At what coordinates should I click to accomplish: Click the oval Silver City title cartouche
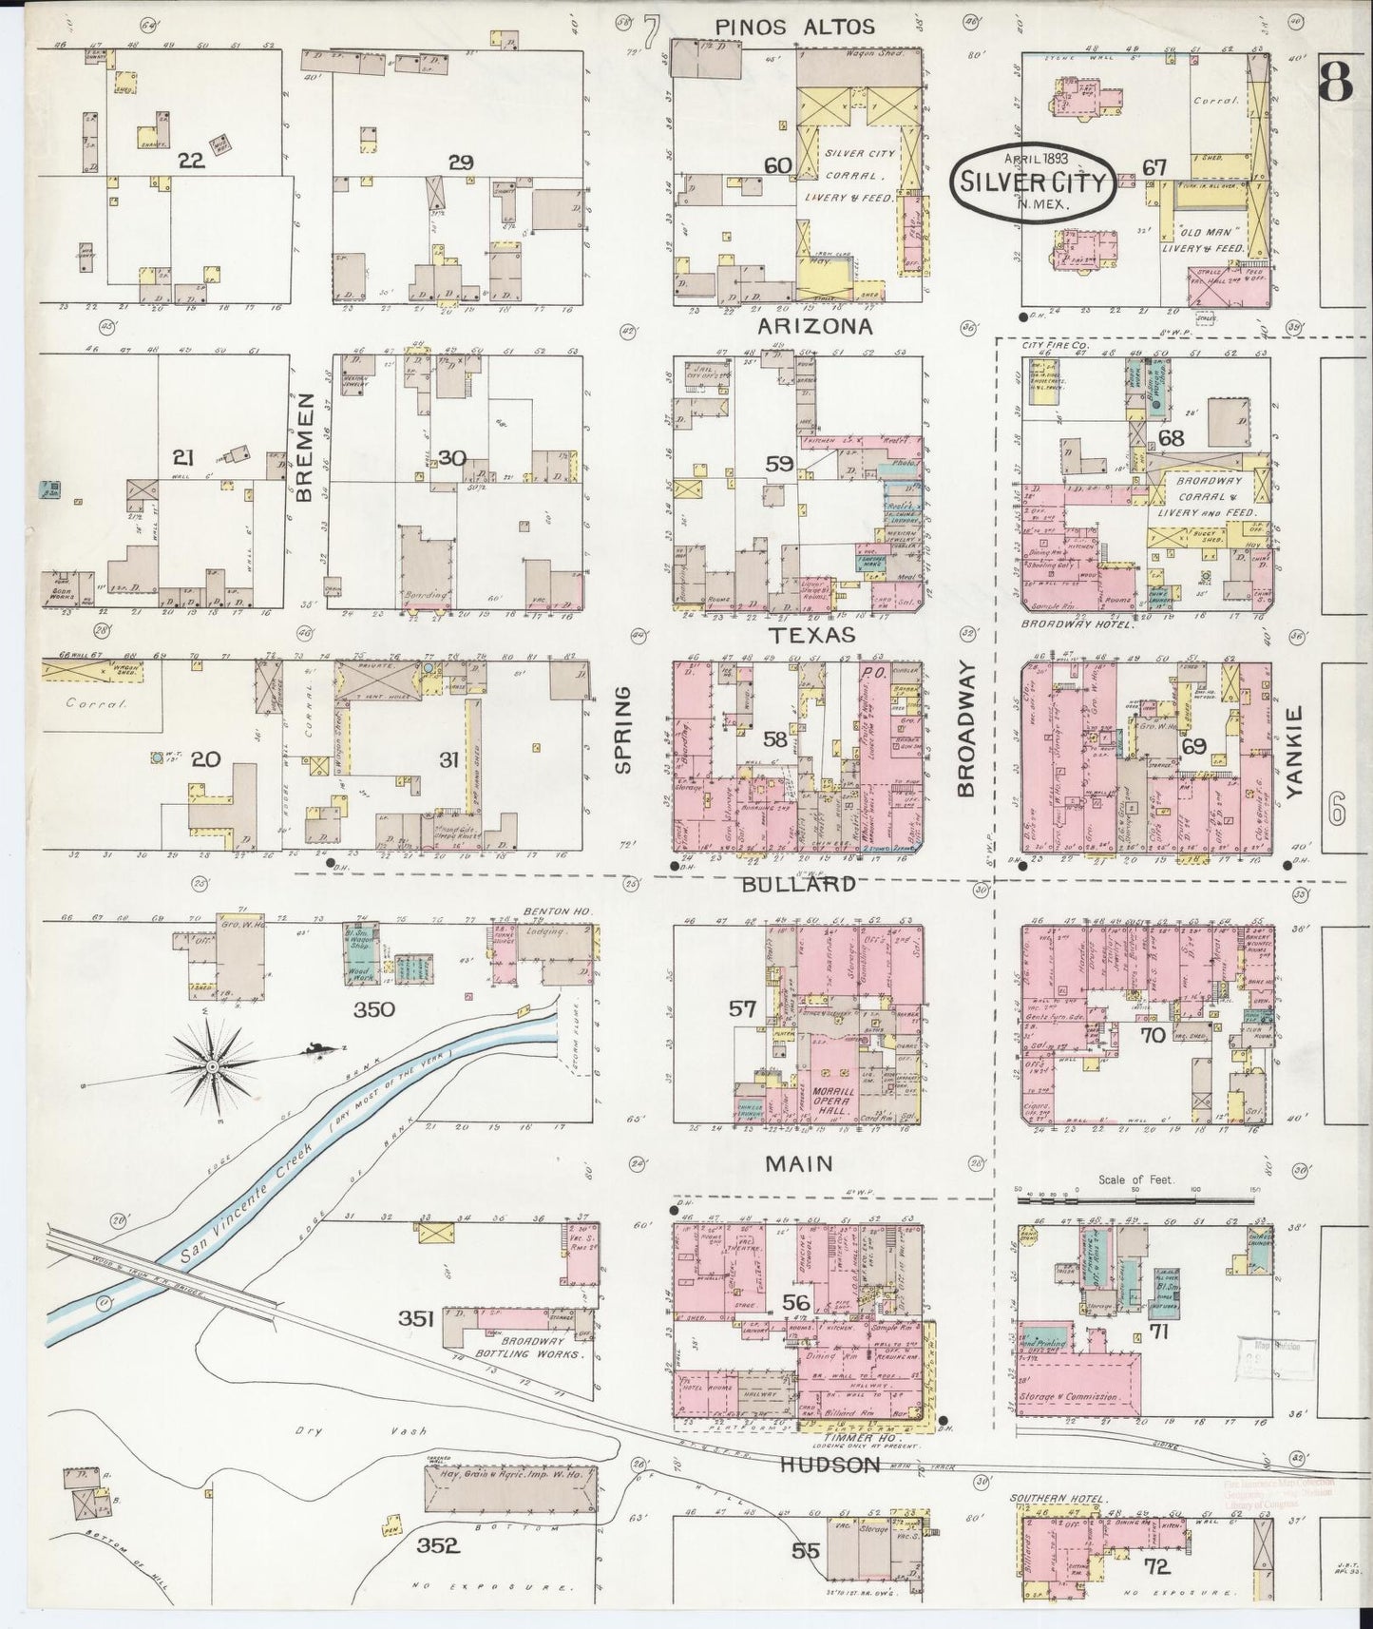click(x=1033, y=183)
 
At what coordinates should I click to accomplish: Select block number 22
click(x=191, y=161)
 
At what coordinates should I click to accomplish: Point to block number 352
click(x=438, y=1544)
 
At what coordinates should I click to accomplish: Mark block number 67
click(x=1154, y=167)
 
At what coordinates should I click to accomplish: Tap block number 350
click(x=373, y=1009)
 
